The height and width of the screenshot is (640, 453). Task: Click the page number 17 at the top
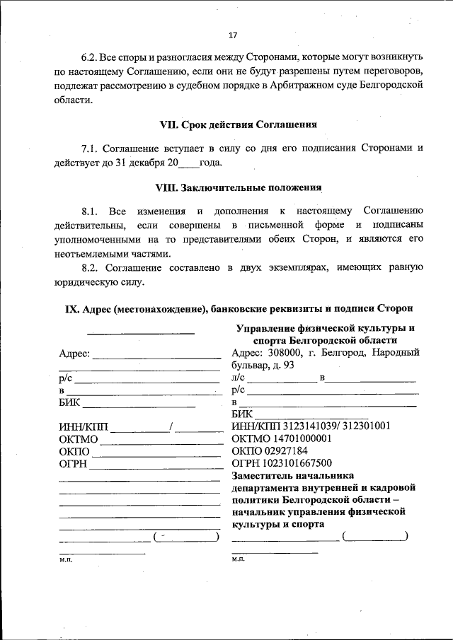(x=233, y=35)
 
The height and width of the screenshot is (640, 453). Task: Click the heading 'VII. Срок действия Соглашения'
(x=238, y=124)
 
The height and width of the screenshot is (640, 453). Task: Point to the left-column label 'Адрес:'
(x=74, y=354)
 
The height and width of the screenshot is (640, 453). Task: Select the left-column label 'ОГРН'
(x=74, y=464)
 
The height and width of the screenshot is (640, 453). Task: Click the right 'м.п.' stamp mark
(x=238, y=559)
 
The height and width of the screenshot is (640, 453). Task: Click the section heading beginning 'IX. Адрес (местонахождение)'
(x=238, y=309)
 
